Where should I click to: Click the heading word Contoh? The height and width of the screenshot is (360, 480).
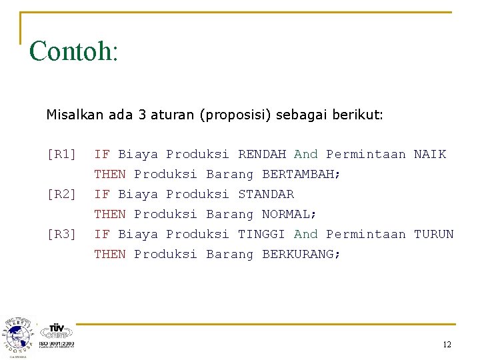[x=73, y=51]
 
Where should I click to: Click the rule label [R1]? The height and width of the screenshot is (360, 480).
[x=61, y=155]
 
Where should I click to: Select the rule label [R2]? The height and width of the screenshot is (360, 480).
[x=61, y=195]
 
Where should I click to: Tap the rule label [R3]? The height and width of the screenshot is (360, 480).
[x=61, y=235]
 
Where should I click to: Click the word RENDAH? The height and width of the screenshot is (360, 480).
[x=262, y=155]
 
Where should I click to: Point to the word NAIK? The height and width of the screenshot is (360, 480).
[x=430, y=155]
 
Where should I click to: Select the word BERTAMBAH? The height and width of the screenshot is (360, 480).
[x=301, y=175]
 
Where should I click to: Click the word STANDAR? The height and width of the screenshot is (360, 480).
[x=266, y=195]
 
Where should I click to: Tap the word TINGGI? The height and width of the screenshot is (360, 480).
[x=262, y=235]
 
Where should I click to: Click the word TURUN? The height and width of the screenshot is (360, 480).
[x=434, y=235]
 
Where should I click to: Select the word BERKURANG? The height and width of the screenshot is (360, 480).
[x=301, y=255]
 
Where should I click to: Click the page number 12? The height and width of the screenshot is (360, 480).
[x=447, y=345]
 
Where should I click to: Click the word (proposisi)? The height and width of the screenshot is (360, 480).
[x=233, y=115]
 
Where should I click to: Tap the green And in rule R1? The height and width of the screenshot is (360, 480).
[x=306, y=155]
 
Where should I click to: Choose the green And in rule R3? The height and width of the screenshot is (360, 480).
[x=306, y=235]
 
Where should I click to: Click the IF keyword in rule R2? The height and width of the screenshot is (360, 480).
[x=102, y=195]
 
